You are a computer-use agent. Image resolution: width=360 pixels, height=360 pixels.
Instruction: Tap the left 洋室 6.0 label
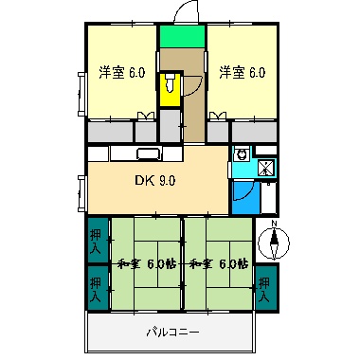pyautogui.click(x=121, y=72)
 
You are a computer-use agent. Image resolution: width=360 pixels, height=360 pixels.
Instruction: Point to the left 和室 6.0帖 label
pyautogui.click(x=142, y=263)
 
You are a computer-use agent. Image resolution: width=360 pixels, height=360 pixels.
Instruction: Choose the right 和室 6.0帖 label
pyautogui.click(x=218, y=263)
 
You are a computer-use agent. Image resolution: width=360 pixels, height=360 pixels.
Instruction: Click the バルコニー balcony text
pyautogui.click(x=171, y=333)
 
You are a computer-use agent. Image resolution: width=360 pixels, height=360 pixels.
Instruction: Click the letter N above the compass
pyautogui.click(x=274, y=225)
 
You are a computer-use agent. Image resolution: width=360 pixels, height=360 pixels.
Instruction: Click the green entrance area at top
pyautogui.click(x=181, y=37)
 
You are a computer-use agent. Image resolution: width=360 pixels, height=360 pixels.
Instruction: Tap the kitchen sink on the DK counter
pyautogui.click(x=148, y=155)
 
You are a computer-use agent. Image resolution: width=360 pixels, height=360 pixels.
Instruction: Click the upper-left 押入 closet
pyautogui.click(x=97, y=240)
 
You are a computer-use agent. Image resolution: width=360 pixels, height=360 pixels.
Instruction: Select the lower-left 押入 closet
pyautogui.click(x=97, y=284)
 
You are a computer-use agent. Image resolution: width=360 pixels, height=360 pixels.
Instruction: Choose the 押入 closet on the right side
pyautogui.click(x=265, y=285)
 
